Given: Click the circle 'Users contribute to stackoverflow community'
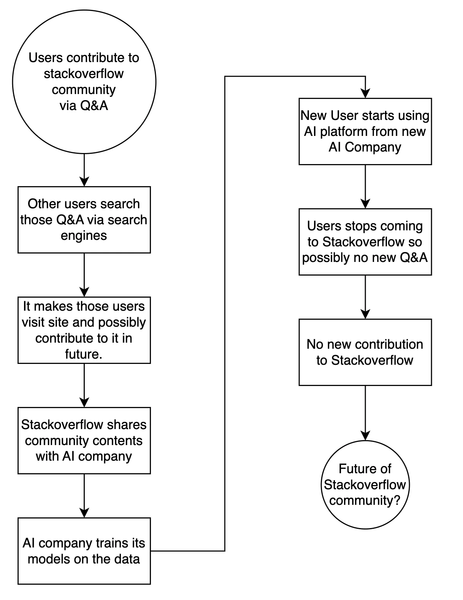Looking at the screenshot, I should click(84, 81).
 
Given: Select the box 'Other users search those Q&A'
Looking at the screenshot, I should click(84, 220).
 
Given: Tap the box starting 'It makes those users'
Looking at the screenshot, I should click(84, 330).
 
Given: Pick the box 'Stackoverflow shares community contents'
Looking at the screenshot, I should click(84, 440).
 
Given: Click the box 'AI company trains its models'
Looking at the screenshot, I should click(84, 551).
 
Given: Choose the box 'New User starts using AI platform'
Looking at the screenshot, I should click(365, 131).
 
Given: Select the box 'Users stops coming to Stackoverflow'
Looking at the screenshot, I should click(365, 242).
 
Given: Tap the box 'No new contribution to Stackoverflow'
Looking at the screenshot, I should click(365, 352).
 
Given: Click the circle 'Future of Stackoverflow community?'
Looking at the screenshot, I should click(365, 485).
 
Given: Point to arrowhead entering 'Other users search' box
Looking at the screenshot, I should click(84, 182).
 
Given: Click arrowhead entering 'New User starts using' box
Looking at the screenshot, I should click(365, 94).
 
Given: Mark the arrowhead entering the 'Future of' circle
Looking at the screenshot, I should click(365, 436).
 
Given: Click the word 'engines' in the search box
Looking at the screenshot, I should click(84, 236).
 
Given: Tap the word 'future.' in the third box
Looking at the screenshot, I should click(84, 354).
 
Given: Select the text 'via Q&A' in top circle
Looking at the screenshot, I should click(84, 105).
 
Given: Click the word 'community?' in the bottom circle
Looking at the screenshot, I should click(365, 500).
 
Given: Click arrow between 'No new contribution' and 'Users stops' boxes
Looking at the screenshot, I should click(365, 297).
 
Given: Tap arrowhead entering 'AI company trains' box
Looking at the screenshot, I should click(84, 513).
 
